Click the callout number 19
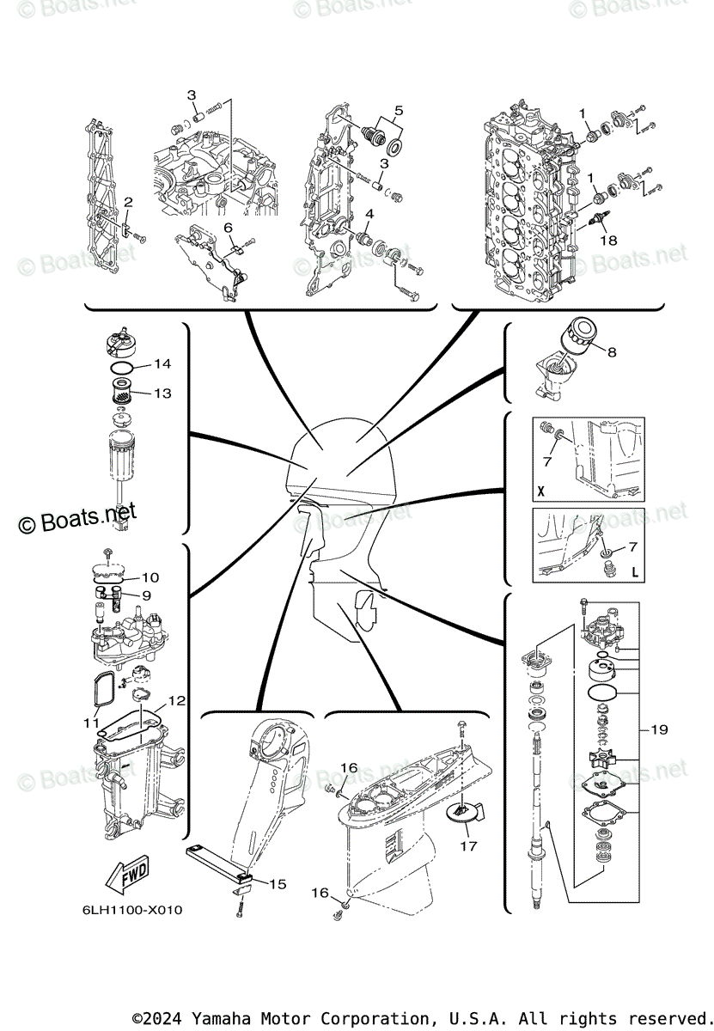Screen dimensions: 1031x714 tap(659, 730)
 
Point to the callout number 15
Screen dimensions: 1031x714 tap(278, 883)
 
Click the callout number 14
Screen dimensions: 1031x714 tap(163, 364)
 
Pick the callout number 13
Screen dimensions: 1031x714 tap(162, 393)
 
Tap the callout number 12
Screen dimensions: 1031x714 tap(176, 701)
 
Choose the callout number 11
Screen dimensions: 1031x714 tap(91, 723)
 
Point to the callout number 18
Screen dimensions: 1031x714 tap(608, 241)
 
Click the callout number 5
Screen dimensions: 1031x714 tap(399, 110)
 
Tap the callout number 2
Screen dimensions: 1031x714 tap(127, 202)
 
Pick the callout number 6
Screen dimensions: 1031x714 tap(229, 227)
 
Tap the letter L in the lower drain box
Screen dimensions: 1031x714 tap(635, 571)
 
